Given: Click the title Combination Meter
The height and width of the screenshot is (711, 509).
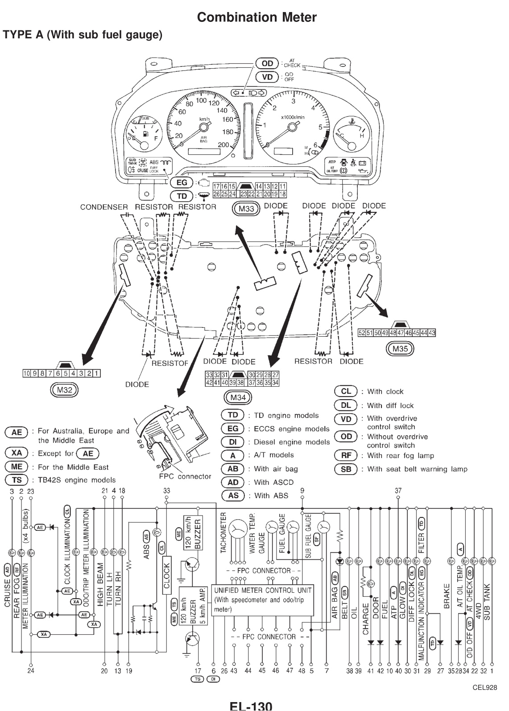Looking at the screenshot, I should click(x=257, y=17).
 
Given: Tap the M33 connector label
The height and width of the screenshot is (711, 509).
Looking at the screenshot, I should click(x=246, y=209).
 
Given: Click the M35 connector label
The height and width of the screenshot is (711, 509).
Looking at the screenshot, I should click(x=399, y=349).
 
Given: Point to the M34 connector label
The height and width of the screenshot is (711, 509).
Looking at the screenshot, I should click(x=238, y=397).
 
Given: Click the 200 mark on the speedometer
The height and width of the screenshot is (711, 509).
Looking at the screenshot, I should click(x=223, y=145).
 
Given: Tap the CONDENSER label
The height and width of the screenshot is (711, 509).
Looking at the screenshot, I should click(x=103, y=207).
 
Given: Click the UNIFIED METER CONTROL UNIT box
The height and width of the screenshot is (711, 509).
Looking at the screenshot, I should click(x=263, y=600).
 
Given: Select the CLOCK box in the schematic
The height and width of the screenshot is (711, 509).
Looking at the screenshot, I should click(x=167, y=576).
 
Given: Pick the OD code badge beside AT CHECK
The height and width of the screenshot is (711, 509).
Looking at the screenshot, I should click(x=267, y=63).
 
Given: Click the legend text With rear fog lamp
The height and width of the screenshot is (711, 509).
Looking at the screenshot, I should click(x=400, y=455).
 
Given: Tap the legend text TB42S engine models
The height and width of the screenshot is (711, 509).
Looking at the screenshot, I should click(x=76, y=480).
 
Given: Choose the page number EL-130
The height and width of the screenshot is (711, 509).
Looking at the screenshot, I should click(x=250, y=705).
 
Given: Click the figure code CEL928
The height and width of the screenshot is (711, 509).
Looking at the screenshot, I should click(x=484, y=687).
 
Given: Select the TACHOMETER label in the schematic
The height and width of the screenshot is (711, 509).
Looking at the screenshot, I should click(x=223, y=532).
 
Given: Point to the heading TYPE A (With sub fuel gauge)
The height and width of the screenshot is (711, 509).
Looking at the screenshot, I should click(x=83, y=34).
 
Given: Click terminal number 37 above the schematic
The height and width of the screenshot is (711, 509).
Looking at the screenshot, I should click(x=398, y=491).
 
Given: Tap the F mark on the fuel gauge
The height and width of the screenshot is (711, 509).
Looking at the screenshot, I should click(x=156, y=138).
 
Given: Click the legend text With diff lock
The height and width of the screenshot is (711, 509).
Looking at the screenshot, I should click(x=390, y=405).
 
